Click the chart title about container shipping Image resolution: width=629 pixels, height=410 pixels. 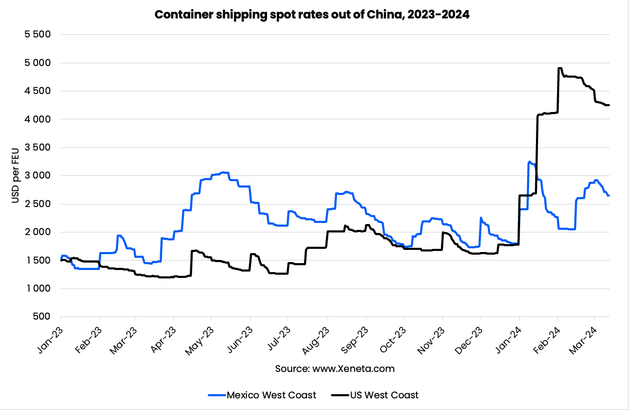point(312,15)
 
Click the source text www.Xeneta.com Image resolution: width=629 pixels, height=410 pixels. point(335,369)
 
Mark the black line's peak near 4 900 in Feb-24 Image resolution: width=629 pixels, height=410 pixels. point(560,68)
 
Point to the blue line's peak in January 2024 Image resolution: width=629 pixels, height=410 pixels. point(530,162)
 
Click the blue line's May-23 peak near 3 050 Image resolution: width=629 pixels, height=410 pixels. point(224,172)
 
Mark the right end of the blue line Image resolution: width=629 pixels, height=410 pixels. point(609,195)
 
